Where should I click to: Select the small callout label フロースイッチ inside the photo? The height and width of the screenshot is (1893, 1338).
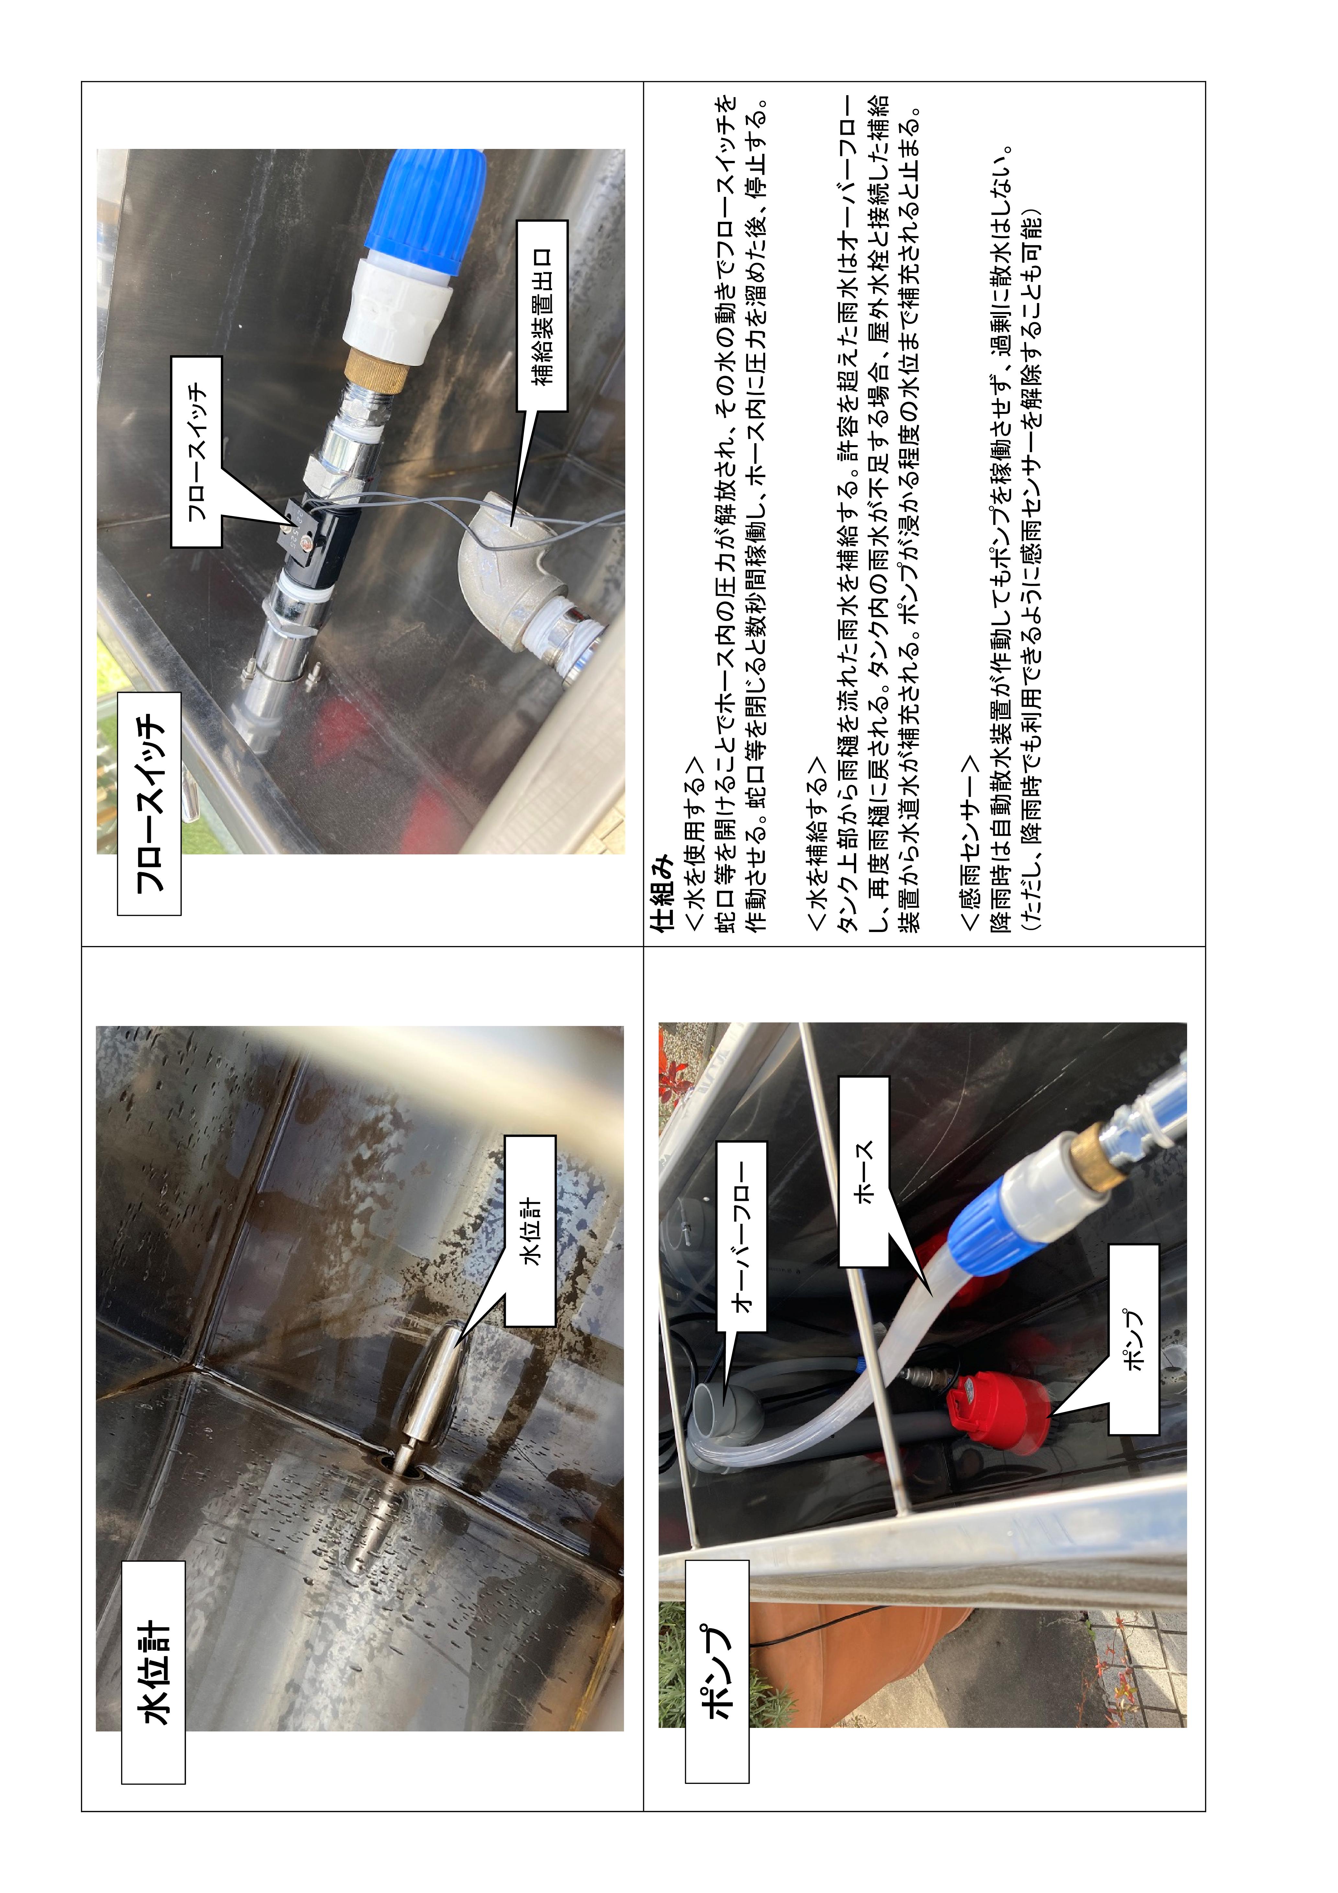coord(196,452)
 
